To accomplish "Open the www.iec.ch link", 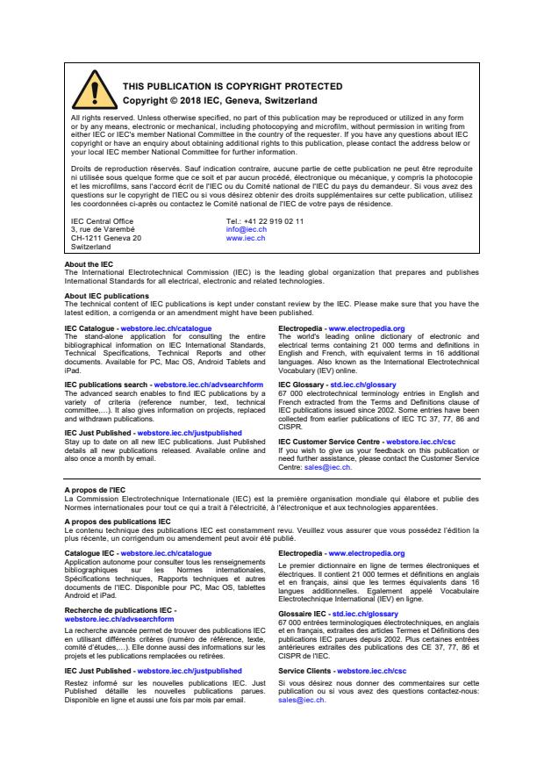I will tap(246, 238).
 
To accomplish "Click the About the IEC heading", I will tap(89, 264).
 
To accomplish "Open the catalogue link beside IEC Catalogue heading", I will tap(166, 327).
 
